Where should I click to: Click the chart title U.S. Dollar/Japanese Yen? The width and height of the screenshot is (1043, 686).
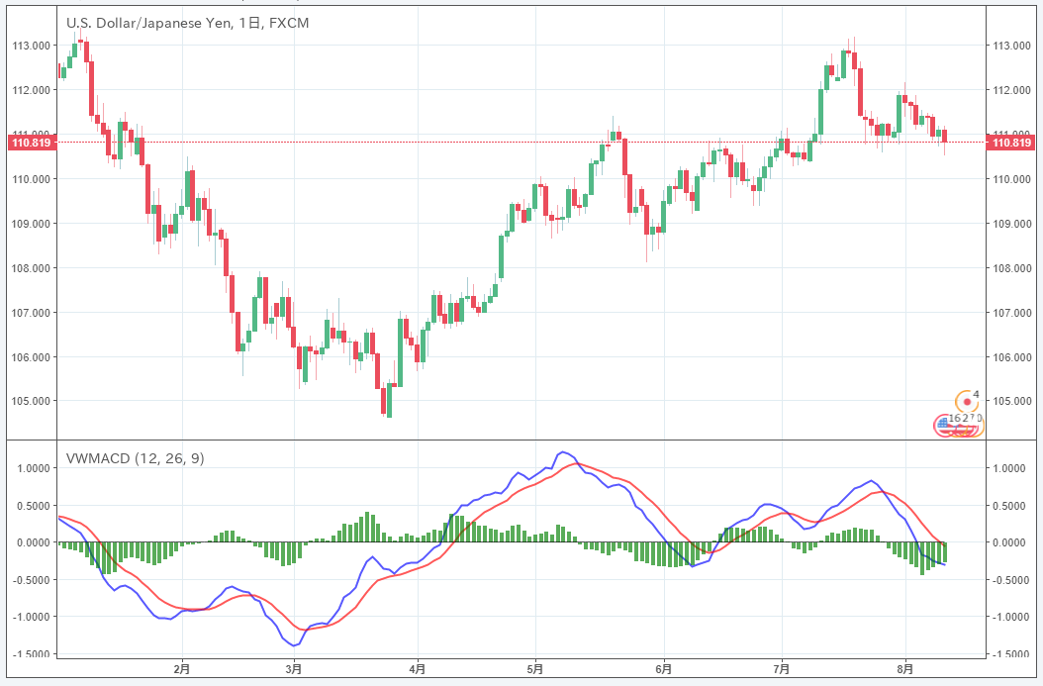149,22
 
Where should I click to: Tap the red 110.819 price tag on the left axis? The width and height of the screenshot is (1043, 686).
29,143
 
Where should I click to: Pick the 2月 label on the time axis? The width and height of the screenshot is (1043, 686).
181,669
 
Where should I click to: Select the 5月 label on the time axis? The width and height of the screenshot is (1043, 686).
535,669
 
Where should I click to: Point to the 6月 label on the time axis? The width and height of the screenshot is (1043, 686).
663,669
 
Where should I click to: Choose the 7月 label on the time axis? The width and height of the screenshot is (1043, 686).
782,669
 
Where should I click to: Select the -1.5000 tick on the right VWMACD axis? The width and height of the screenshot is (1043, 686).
1011,654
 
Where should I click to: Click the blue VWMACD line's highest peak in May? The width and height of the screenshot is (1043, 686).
563,451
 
